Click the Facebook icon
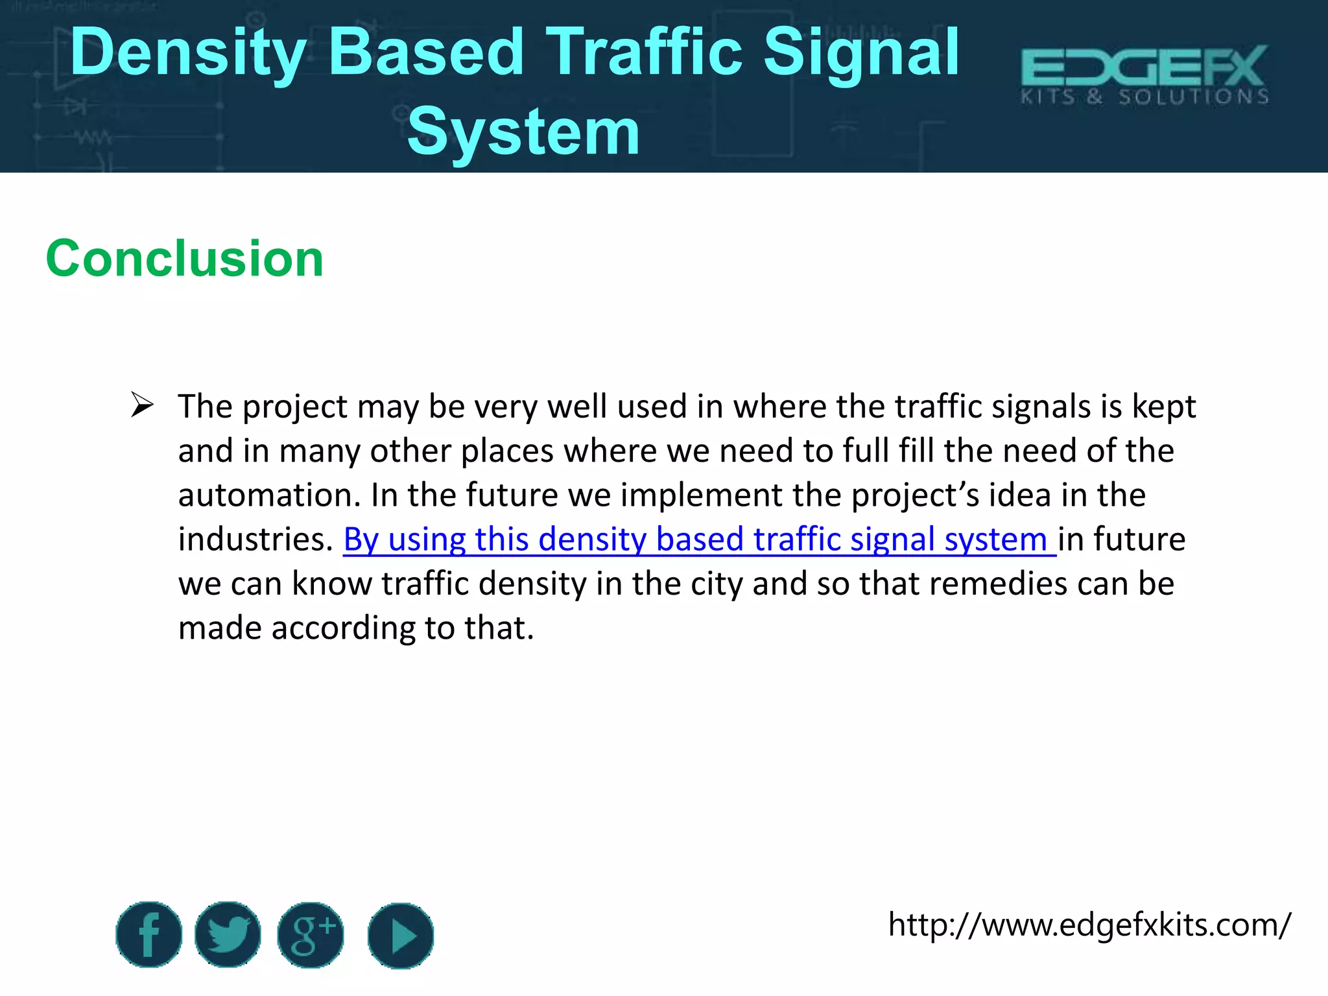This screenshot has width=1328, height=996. click(149, 934)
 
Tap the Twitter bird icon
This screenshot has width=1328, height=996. click(228, 934)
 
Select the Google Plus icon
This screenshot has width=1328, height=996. click(311, 934)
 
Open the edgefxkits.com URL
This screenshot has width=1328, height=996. click(1089, 925)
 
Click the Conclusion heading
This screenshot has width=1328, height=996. click(185, 258)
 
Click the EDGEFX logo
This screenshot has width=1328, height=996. click(1144, 75)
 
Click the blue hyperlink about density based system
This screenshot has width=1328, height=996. click(699, 539)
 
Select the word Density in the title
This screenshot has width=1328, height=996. click(188, 53)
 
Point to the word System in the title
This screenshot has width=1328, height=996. click(523, 132)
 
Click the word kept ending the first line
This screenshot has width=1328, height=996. click(1163, 407)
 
